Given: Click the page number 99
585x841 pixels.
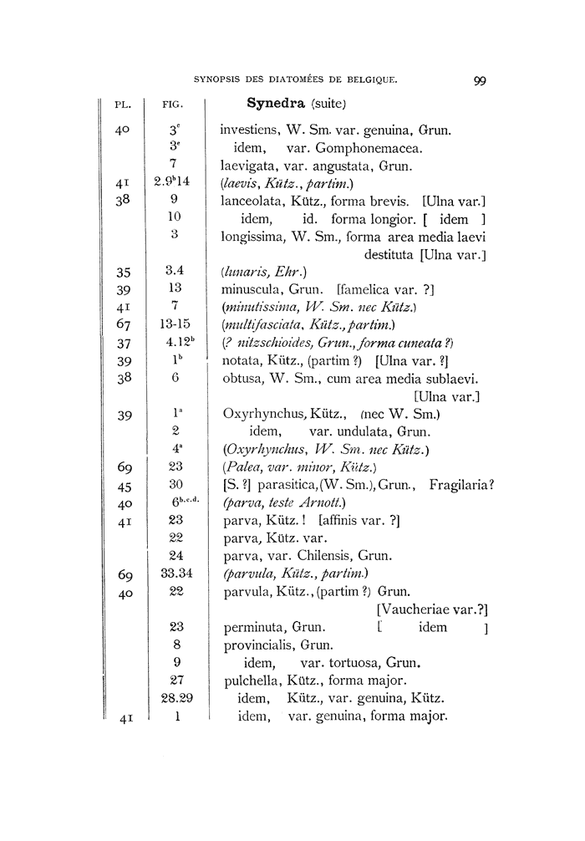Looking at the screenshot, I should point(480,81).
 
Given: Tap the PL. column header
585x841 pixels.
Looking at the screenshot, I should point(124,105).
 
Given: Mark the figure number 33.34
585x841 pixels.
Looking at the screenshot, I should point(175,574).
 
